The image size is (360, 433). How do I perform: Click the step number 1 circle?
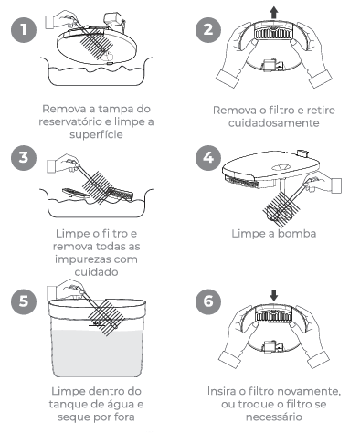coord(24,30)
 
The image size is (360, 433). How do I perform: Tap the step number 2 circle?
coord(208,30)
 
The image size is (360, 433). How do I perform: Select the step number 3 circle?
coord(24,158)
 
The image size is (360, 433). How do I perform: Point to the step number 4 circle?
coord(208,158)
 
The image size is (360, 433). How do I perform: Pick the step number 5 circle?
coord(24,301)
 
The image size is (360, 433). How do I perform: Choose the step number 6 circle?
coord(208,301)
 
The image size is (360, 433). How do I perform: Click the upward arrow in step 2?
coord(274,14)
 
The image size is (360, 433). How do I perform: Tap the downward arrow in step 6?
coord(274,295)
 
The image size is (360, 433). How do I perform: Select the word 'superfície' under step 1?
coord(96,134)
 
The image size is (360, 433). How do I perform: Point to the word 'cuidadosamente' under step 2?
coord(274,123)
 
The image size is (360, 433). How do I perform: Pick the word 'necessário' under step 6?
coord(274,417)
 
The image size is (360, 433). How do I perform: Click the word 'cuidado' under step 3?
coord(96,272)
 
